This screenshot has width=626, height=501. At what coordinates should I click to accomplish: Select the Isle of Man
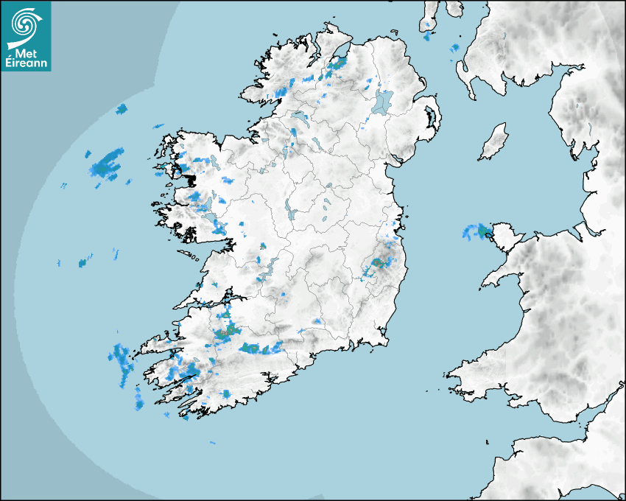[x=494, y=142]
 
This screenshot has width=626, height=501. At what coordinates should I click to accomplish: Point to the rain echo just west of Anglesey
[x=474, y=232]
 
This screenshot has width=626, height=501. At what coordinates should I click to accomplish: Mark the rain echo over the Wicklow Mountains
[x=378, y=263]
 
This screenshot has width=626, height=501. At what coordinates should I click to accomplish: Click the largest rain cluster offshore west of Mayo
[x=108, y=164]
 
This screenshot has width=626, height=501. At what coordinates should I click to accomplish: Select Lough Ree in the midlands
[x=293, y=214]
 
